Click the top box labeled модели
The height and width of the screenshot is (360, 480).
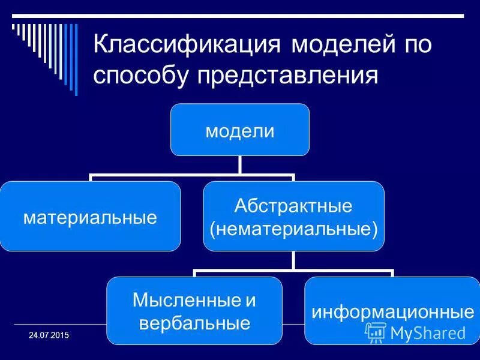(240, 130)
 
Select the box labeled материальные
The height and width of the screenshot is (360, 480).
(90, 216)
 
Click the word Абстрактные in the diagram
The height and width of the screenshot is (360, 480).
(293, 206)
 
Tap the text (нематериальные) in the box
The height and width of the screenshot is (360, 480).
(293, 227)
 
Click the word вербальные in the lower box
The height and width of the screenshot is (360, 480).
(194, 323)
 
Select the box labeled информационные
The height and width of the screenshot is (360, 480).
(392, 311)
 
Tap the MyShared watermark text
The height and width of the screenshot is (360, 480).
(428, 332)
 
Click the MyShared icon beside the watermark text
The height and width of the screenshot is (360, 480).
(376, 332)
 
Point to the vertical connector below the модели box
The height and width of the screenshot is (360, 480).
(240, 166)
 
